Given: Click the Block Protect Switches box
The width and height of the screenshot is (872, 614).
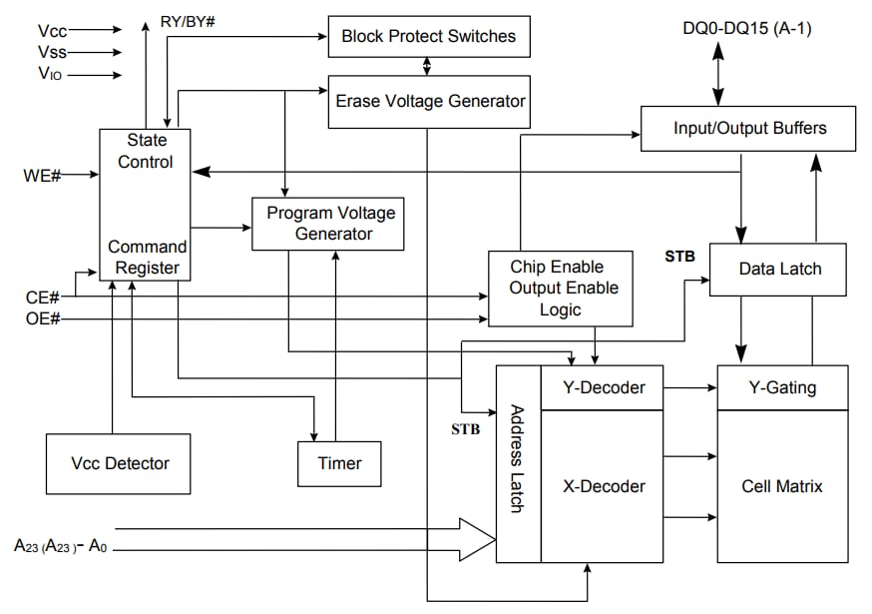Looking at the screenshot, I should (x=428, y=37).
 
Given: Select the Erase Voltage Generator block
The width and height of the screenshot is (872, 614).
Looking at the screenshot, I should (x=429, y=101).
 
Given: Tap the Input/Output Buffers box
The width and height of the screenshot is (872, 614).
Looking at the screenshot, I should (x=749, y=129).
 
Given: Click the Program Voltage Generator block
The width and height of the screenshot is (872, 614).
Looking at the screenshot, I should (x=328, y=224).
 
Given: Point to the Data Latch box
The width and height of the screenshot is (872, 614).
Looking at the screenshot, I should (x=779, y=269).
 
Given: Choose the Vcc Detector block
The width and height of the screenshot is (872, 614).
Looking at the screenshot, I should (x=119, y=463).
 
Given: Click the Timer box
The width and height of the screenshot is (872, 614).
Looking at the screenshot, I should (x=339, y=463).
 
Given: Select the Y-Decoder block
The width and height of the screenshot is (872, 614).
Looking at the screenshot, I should (x=602, y=387).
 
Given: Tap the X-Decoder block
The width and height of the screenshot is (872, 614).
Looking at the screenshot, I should (x=602, y=486).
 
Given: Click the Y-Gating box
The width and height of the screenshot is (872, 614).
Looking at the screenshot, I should (x=782, y=387).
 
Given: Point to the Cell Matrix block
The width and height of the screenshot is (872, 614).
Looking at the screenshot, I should (x=782, y=486).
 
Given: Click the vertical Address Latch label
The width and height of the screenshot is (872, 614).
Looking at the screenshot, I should (x=518, y=458).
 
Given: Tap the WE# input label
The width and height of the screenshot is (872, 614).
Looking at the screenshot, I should (x=42, y=176).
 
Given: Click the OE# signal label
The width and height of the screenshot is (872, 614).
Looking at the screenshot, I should (x=42, y=318).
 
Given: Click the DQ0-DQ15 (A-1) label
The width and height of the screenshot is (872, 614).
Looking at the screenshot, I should (x=746, y=29).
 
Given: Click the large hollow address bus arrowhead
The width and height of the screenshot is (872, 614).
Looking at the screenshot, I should (x=476, y=539).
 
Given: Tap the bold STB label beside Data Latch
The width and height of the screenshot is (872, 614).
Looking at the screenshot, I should (x=679, y=256).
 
